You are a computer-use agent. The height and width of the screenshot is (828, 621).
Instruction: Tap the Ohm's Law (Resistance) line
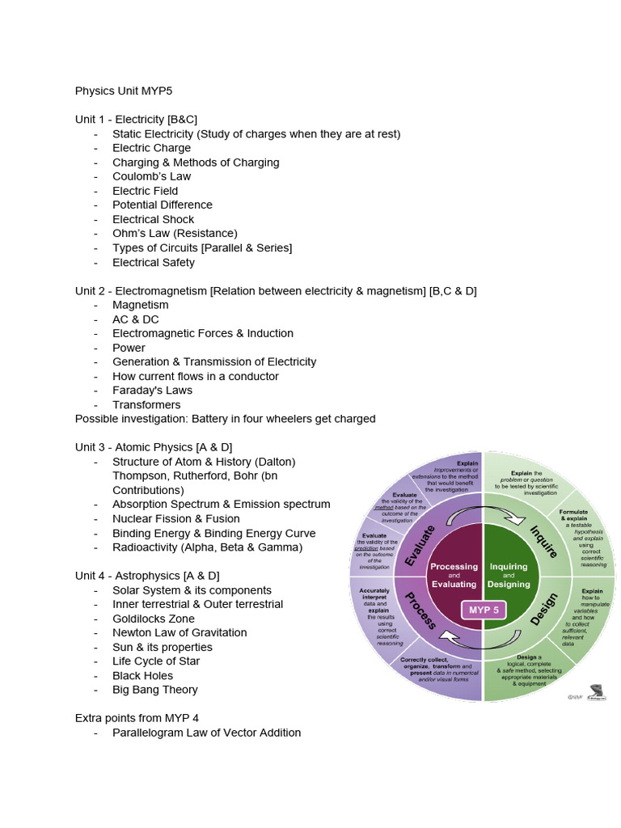point(175,234)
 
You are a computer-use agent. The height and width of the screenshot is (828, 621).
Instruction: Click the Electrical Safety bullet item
point(154,262)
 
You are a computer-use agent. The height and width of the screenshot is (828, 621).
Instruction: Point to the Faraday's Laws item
point(153,390)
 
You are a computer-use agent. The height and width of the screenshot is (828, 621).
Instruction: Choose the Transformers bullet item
point(146,404)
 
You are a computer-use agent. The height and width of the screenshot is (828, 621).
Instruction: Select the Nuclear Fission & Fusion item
point(176,518)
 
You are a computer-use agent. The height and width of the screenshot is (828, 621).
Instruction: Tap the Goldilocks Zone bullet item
point(154,619)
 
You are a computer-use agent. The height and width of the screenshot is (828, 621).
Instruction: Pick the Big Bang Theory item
point(155,690)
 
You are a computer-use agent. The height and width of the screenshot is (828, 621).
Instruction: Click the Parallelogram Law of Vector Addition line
point(206,733)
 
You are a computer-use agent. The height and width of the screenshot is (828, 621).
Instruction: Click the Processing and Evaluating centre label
point(454,576)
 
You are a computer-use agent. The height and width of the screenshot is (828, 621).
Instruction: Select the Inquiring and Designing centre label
point(509,576)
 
